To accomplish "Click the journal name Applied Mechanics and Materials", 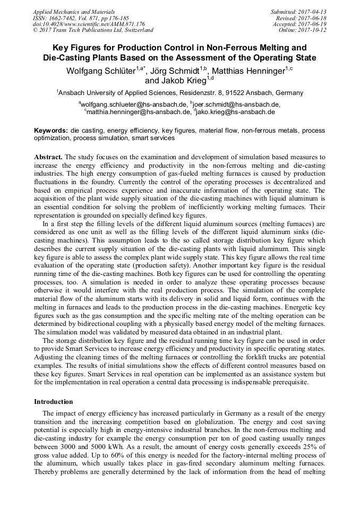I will pos(73,12).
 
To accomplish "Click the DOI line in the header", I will pos(89,24).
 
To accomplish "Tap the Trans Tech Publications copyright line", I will pos(93,30).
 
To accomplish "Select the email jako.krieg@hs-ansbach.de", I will pos(236,112).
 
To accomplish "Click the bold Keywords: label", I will pos(51,131).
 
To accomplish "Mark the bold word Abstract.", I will pos(48,158).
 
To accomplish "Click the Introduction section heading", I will pos(54,401).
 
